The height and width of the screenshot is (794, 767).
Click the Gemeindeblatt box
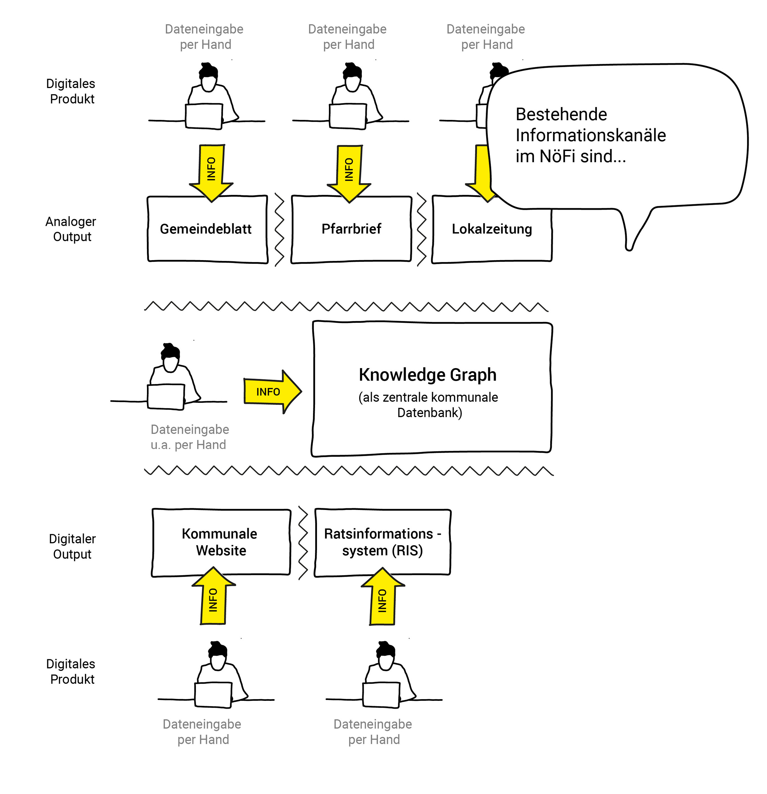pos(206,229)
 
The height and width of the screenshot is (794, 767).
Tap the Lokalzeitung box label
pos(492,229)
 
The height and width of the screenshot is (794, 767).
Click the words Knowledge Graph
pos(427,375)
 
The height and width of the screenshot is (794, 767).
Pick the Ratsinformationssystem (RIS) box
pos(382,542)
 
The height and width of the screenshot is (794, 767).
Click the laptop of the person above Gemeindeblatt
pos(204,116)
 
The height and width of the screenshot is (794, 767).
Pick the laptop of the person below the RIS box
pos(381,695)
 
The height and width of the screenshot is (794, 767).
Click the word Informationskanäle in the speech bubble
pos(590,135)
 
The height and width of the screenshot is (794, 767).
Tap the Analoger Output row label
pos(71,229)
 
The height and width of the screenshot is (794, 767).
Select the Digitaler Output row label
pos(72,546)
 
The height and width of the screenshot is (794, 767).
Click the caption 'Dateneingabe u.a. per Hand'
pos(189,437)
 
